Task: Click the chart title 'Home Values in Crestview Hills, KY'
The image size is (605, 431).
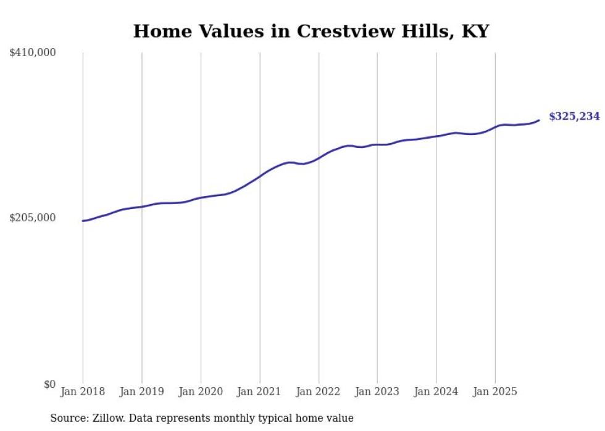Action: (x=311, y=31)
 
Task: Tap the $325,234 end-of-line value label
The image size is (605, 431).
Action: (x=574, y=116)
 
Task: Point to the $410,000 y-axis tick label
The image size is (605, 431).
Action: (x=33, y=53)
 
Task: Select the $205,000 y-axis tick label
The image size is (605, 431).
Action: (x=33, y=218)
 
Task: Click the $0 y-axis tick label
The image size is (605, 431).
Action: (x=49, y=384)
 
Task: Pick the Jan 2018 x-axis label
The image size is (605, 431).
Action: (x=83, y=392)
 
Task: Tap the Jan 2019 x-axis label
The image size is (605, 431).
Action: (x=142, y=392)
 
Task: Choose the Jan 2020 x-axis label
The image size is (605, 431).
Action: (x=201, y=392)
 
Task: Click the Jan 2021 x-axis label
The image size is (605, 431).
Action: (x=259, y=392)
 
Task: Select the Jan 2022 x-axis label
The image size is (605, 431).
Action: (x=319, y=392)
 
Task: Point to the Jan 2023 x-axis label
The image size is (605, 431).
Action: (x=377, y=392)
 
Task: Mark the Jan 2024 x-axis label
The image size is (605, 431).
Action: (x=436, y=392)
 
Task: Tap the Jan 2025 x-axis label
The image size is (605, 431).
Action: (x=494, y=392)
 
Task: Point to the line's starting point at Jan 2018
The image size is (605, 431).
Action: (x=83, y=221)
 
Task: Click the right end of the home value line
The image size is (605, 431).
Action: (x=539, y=120)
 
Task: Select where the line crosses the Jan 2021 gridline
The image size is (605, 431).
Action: (x=259, y=176)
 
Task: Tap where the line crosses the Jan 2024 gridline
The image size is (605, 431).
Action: (x=436, y=136)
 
